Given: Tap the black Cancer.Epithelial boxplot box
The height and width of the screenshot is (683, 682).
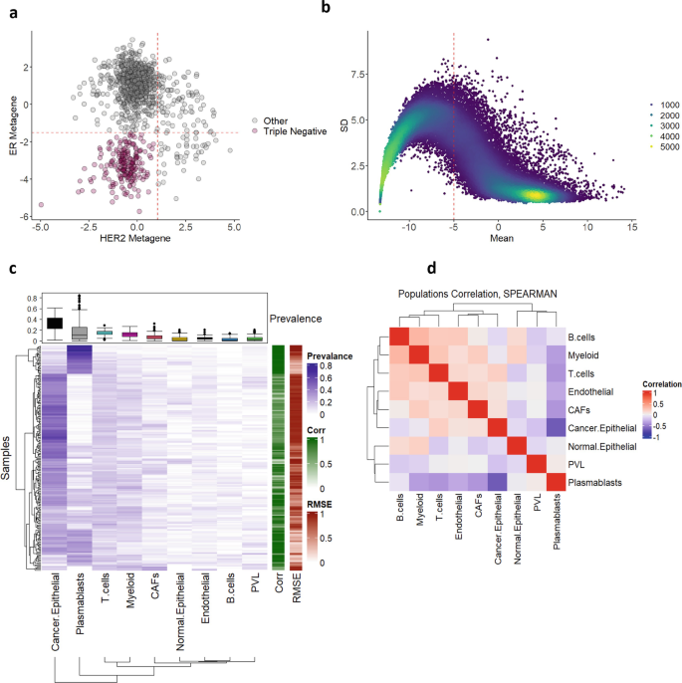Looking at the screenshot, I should pos(55,322).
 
